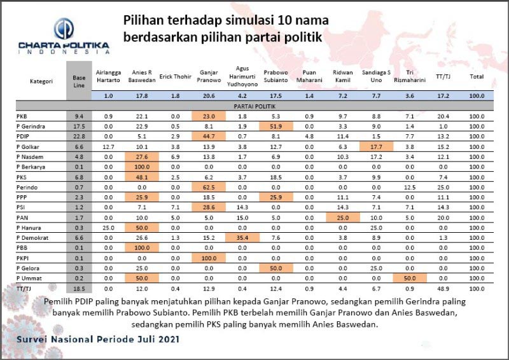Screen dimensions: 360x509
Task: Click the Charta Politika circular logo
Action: click(x=62, y=29)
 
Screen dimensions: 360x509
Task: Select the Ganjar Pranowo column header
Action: click(x=209, y=76)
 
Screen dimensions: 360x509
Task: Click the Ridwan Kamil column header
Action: click(x=344, y=76)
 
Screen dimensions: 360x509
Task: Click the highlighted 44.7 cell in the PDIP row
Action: click(x=209, y=135)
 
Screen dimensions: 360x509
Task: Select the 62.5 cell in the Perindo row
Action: click(x=209, y=187)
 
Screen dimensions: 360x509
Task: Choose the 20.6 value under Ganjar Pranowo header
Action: click(x=209, y=95)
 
